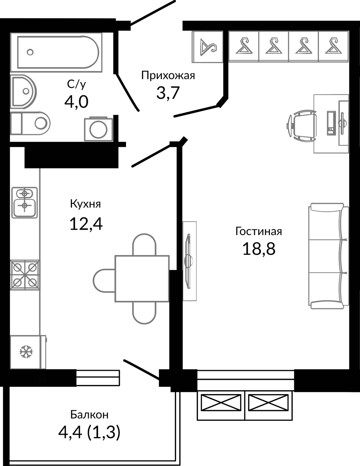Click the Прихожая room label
[168, 76]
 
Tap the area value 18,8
[259, 249]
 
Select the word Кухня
[85, 204]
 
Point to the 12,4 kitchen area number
[86, 224]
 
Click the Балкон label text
[89, 415]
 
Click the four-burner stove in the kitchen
[25, 275]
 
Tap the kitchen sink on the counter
[25, 203]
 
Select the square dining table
[142, 279]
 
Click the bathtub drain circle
[30, 52]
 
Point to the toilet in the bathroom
[30, 123]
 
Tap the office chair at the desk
[302, 125]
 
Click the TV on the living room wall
[188, 261]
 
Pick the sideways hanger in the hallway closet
[208, 47]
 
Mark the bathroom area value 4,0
[76, 102]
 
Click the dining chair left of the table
[104, 281]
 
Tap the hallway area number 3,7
[168, 93]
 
